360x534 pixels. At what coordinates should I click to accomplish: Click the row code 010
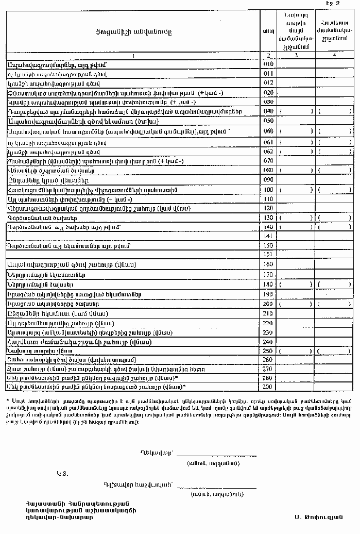268,64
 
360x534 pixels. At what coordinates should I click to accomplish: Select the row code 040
268,111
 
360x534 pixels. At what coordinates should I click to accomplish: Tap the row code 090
268,180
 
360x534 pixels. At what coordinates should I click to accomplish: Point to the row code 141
268,236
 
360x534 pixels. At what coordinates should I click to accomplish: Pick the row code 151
268,254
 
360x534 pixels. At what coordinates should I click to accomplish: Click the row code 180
268,284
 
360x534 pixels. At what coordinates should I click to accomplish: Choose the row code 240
268,341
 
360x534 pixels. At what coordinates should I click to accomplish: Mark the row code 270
268,369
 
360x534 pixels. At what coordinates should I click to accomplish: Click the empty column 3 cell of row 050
296,121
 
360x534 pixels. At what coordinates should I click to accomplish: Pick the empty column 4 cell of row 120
335,208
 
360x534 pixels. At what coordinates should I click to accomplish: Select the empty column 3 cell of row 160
296,264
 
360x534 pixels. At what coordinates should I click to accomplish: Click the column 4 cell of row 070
335,161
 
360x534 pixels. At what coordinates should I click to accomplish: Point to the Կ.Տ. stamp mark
62,472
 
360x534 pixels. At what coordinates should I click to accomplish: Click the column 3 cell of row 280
296,378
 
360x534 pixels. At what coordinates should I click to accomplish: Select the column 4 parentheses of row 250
335,351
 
